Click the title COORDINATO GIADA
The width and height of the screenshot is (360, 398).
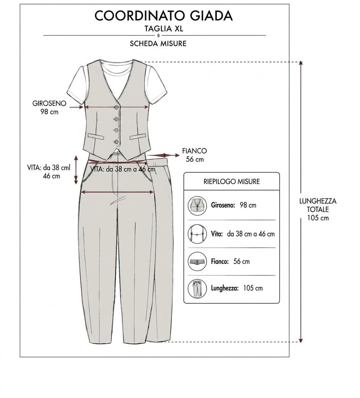(163, 15)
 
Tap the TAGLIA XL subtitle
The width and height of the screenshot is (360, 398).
(164, 28)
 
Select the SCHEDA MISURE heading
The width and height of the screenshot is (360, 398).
(158, 43)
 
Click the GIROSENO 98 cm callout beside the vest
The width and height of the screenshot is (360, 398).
(49, 107)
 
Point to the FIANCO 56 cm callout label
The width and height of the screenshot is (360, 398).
(195, 155)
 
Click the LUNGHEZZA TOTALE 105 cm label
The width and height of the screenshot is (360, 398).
(318, 209)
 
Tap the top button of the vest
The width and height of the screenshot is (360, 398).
(117, 107)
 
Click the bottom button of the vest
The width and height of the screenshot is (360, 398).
(117, 142)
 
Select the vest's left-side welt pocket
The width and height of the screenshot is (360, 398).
(96, 136)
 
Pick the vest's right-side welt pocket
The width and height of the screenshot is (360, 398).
(138, 137)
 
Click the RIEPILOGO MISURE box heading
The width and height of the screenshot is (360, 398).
(231, 181)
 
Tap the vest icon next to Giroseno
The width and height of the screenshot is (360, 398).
(197, 205)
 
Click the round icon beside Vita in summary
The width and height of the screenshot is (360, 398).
(197, 234)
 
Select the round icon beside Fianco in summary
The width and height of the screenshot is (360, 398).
(197, 261)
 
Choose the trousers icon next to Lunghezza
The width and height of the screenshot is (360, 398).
(197, 289)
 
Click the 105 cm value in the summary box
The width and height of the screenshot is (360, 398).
(253, 288)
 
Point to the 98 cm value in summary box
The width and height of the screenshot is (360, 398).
(248, 205)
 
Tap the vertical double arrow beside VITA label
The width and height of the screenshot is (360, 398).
(76, 170)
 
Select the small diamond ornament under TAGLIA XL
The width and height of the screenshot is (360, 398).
(159, 35)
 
